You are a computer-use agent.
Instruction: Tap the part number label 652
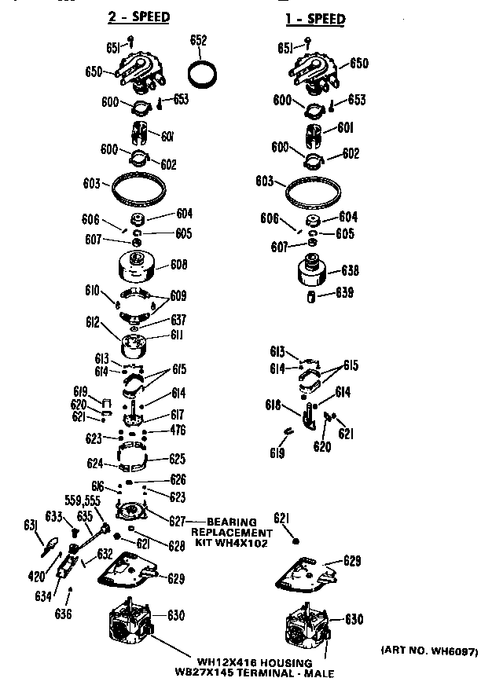pyautogui.click(x=199, y=40)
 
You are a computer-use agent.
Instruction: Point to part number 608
pyautogui.click(x=179, y=266)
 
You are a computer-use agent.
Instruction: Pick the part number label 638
pyautogui.click(x=350, y=271)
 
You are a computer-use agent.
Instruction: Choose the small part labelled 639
pyautogui.click(x=311, y=295)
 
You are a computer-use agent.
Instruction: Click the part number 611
pyautogui.click(x=178, y=335)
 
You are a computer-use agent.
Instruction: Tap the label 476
pyautogui.click(x=179, y=431)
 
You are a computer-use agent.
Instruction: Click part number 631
pyautogui.click(x=31, y=525)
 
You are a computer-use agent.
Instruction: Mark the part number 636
pyautogui.click(x=65, y=614)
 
